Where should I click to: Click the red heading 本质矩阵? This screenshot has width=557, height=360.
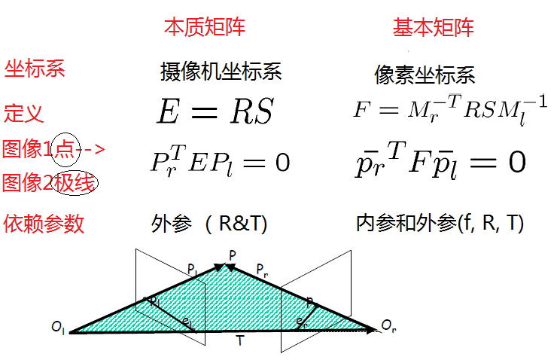pos(205,27)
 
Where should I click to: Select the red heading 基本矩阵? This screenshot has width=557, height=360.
pos(434,28)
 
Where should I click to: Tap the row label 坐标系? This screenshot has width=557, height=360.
pos(35,69)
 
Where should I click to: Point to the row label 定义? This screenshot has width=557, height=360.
pos(24,114)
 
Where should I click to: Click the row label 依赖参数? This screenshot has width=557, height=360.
pos(44,223)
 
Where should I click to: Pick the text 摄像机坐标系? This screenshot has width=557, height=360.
pos(221,72)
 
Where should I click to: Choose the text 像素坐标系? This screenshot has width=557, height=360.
pos(425,75)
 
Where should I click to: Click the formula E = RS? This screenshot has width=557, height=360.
pos(215,112)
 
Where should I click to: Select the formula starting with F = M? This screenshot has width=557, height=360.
pos(450,110)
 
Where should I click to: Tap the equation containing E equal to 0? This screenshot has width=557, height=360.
pos(220,160)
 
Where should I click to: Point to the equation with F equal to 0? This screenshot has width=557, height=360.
pos(441,161)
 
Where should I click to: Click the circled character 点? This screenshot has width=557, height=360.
pos(65,149)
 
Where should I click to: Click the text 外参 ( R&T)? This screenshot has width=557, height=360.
pos(209,224)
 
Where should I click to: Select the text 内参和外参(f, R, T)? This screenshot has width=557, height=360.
pos(440,223)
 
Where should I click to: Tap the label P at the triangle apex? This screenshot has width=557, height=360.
pos(233,255)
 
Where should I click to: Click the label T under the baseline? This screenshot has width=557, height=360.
pos(239,341)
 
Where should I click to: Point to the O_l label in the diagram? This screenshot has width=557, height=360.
pos(59,327)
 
